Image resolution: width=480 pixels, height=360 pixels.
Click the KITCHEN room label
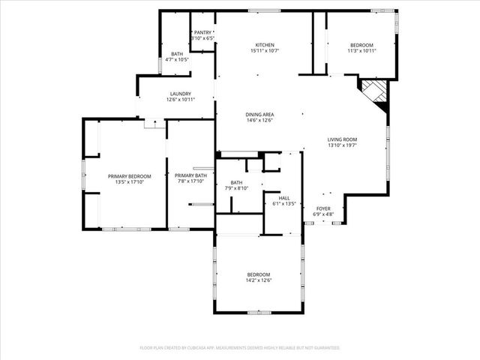coord(264,46)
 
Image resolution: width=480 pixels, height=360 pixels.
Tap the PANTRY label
coord(202,33)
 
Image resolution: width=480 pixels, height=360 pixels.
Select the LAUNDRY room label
coord(180,94)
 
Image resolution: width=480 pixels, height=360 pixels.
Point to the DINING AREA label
coord(259,114)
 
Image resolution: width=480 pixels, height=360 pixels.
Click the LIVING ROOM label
coord(341,139)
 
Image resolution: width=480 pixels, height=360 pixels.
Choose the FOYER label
coord(322,209)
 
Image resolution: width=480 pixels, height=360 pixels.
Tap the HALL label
coord(284,198)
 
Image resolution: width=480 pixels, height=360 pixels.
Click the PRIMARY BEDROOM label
coord(129,176)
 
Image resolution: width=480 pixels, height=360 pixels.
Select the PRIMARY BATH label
coord(190,176)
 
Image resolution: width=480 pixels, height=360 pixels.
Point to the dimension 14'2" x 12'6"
coord(259,280)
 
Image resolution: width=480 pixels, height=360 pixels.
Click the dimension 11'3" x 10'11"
coord(361,52)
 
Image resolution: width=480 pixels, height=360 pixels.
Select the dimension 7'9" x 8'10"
coord(237,188)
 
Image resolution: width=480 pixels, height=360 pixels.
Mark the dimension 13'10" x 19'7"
coord(341,145)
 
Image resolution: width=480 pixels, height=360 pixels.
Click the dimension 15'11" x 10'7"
coord(264,52)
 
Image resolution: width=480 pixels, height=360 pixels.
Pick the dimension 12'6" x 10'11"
coord(180,100)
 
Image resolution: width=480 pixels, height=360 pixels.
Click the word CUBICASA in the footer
coord(191,348)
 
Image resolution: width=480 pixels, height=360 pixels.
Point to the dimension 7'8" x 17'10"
coord(190,182)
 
